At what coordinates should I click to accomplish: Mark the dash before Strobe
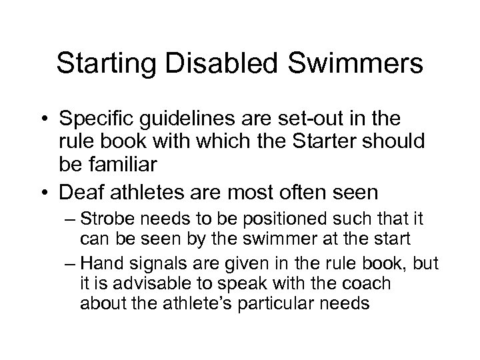click(85, 220)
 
